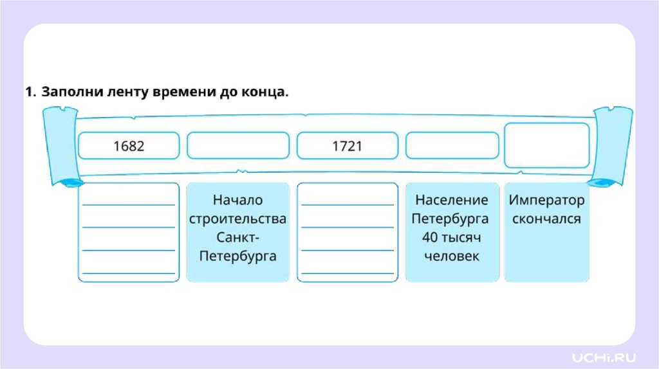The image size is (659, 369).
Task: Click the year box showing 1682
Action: click(x=129, y=146)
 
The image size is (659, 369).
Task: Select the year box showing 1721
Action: click(x=348, y=146)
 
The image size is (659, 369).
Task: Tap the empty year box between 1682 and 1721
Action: click(x=238, y=146)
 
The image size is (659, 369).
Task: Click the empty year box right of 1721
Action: click(x=452, y=146)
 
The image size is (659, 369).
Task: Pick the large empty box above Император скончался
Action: click(x=546, y=145)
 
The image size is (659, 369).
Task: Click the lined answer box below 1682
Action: click(x=129, y=233)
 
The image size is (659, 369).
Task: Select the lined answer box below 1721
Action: click(x=348, y=233)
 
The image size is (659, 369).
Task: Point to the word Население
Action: click(x=452, y=200)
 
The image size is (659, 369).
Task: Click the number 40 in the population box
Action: click(x=429, y=237)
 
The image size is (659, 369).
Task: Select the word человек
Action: click(x=452, y=256)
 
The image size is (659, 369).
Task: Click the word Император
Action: click(x=546, y=200)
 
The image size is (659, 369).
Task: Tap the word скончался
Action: click(x=546, y=219)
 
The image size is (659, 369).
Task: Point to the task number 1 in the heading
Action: click(x=28, y=92)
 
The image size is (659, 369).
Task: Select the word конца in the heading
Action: click(x=265, y=92)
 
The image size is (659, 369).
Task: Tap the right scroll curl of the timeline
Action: click(x=612, y=145)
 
